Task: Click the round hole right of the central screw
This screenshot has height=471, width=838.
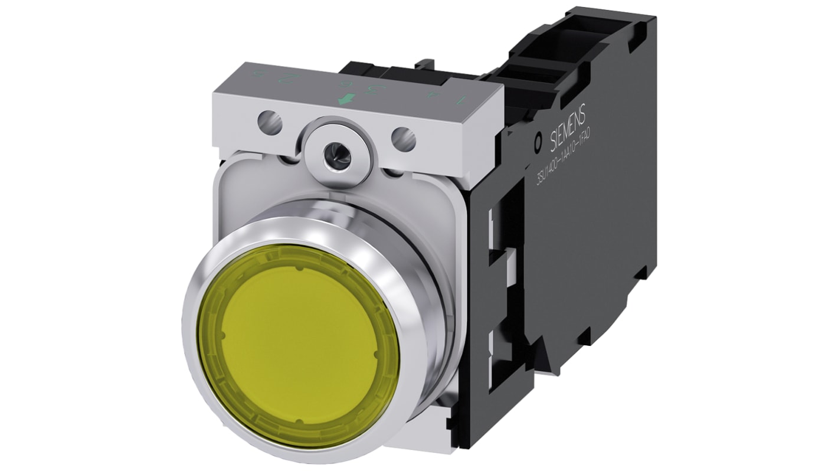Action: click(404, 139)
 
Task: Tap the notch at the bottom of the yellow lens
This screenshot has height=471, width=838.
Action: click(299, 421)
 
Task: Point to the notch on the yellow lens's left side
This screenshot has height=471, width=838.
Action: click(222, 335)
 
